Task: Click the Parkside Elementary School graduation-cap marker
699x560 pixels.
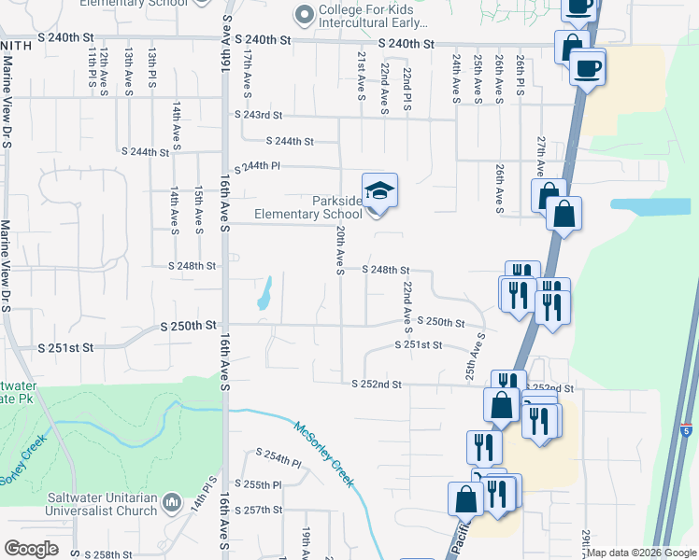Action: coord(379,191)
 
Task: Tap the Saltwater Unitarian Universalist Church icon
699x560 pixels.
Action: coord(171,503)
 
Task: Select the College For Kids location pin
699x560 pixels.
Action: coord(302,14)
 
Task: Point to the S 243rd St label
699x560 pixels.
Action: coord(258,116)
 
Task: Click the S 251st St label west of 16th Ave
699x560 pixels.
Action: coord(66,347)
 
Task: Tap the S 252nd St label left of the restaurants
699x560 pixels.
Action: coord(377,385)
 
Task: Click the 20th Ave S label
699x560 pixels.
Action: coord(341,249)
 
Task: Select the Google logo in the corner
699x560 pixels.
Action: coord(31,549)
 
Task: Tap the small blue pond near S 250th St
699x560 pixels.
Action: coord(264,293)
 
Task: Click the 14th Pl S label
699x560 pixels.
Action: coord(198,499)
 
